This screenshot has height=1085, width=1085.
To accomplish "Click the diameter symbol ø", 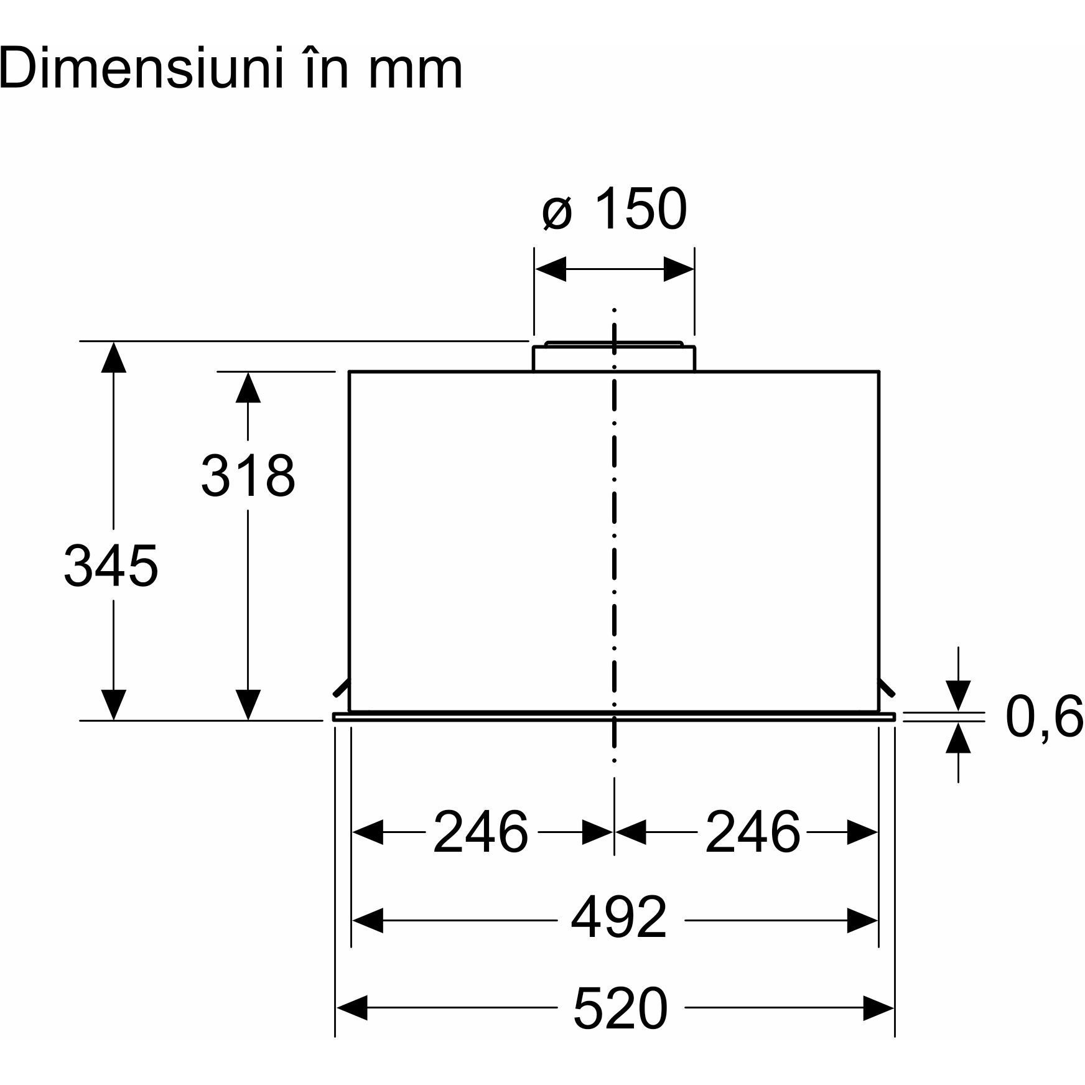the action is (556, 213).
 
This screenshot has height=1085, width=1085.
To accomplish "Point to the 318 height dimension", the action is (248, 475).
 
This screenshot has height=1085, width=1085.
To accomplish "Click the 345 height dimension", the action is (111, 566).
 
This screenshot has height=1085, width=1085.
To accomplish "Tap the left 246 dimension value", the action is (480, 832).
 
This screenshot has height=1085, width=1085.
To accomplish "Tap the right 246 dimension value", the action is (752, 832).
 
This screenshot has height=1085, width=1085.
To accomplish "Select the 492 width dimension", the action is (619, 918).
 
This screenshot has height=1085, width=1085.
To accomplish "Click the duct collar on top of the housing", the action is (614, 356).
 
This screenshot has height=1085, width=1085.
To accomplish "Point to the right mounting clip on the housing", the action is (887, 688).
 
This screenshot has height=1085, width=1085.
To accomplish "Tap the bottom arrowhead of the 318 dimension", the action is (248, 705).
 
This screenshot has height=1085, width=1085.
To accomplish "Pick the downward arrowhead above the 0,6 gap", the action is (958, 696).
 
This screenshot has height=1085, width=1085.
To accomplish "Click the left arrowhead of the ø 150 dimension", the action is (551, 269).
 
